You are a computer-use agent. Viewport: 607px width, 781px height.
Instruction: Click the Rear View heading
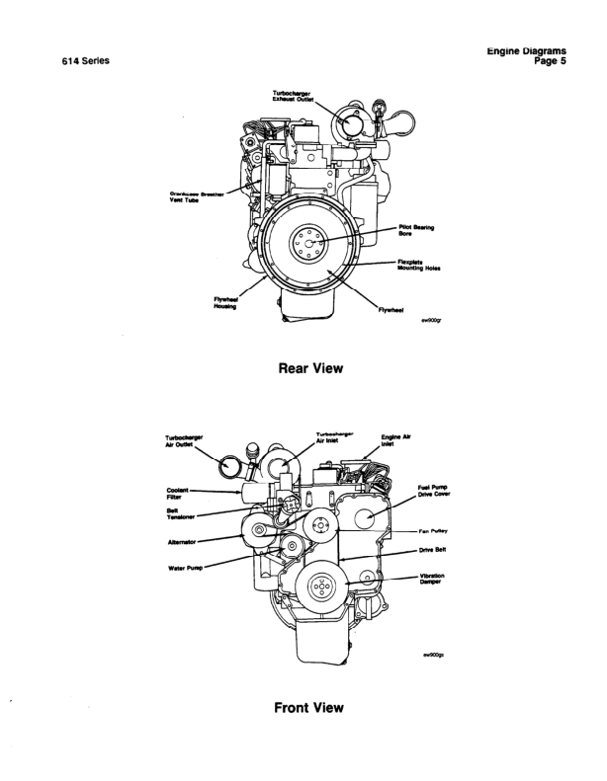(303, 368)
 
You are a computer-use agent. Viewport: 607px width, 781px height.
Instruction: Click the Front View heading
(303, 708)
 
